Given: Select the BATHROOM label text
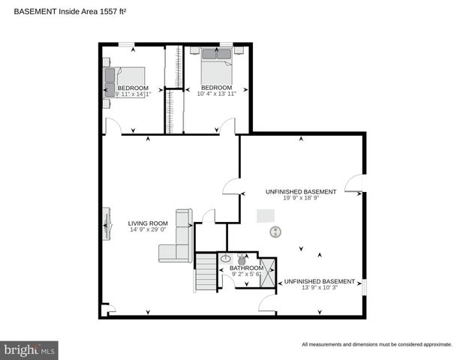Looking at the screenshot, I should click(246, 268).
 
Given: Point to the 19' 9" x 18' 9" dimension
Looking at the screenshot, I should click(300, 199).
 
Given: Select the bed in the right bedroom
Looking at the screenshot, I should click(217, 67).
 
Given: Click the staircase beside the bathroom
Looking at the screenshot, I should click(206, 271).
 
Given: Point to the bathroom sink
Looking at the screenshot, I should click(226, 259).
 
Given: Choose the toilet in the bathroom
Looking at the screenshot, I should click(242, 259).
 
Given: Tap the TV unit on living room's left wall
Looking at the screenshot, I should click(106, 223).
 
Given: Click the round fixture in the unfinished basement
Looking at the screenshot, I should click(275, 232).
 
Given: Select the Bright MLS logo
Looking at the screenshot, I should click(29, 349).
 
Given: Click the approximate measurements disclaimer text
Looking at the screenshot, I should click(377, 344).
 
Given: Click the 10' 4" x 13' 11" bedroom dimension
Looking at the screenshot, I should click(217, 94).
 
